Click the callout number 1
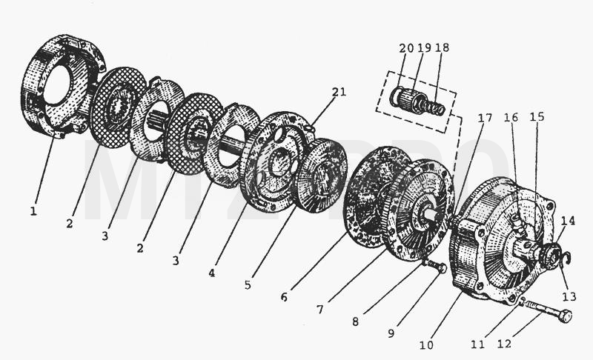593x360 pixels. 33,211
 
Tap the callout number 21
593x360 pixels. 339,92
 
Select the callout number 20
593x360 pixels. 406,48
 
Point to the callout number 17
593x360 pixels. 485,119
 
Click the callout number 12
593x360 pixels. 504,344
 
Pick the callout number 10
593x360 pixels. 426,345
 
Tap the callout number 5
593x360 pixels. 248,285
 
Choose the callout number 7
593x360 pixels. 320,310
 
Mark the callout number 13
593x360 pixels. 569,296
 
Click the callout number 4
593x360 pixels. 212,273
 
